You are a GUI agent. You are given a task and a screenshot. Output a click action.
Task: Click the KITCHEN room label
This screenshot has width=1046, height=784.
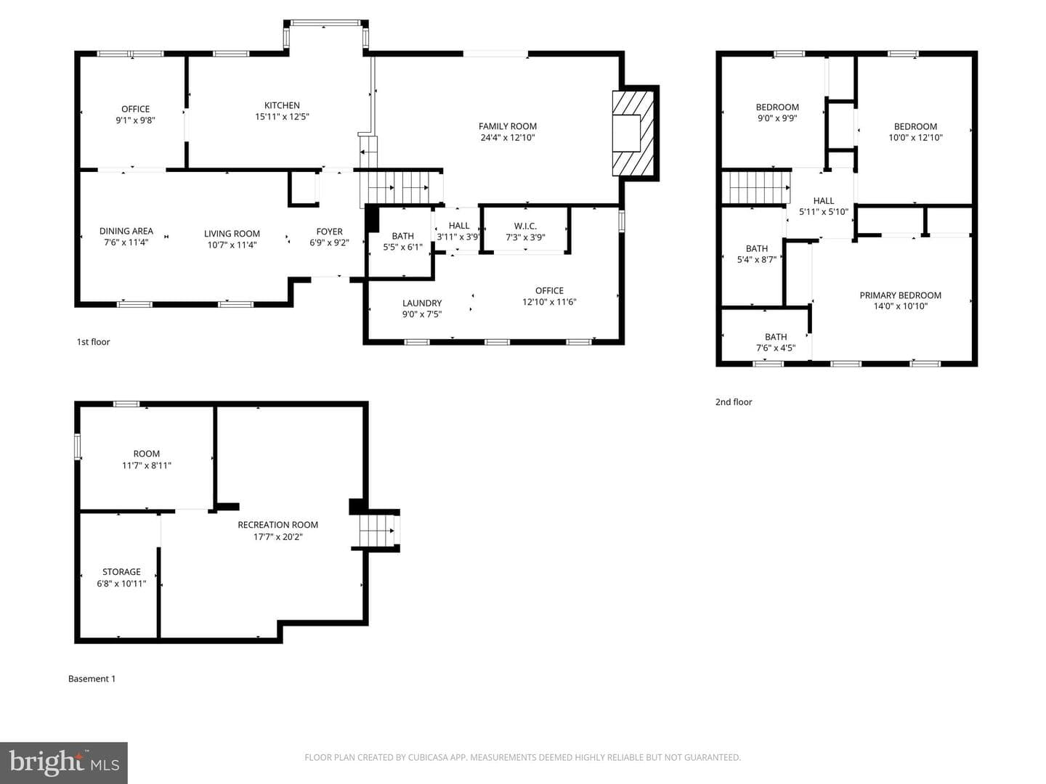click(282, 105)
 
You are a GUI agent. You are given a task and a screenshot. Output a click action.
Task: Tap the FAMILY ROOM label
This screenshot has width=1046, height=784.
click(508, 126)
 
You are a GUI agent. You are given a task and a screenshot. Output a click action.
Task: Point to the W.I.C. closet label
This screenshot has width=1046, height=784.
click(525, 226)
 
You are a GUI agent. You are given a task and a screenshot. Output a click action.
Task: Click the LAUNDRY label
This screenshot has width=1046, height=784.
click(422, 303)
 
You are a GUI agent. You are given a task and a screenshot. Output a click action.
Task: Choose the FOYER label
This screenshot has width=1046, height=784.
click(329, 232)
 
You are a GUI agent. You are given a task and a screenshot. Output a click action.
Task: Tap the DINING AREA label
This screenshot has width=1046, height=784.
click(126, 231)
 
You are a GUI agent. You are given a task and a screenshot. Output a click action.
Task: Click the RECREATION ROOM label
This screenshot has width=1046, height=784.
click(277, 525)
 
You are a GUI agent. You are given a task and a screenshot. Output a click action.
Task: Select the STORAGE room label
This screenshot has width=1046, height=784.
click(121, 572)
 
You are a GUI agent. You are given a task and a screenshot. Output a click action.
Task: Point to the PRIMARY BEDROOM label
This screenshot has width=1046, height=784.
click(900, 295)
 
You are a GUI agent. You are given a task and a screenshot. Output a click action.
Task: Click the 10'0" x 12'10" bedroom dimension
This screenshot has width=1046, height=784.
click(915, 138)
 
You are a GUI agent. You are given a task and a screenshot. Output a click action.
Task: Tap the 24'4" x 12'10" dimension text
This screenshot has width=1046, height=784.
click(508, 138)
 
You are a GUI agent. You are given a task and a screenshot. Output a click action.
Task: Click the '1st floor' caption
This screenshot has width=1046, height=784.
click(94, 342)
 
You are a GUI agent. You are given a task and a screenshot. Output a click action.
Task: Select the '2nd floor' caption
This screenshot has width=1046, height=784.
click(734, 401)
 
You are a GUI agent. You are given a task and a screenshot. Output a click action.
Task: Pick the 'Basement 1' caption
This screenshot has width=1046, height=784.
click(92, 679)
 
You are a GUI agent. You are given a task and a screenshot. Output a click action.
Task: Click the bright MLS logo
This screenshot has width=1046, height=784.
click(64, 762)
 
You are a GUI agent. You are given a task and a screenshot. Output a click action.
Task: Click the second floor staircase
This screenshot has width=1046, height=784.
click(755, 187)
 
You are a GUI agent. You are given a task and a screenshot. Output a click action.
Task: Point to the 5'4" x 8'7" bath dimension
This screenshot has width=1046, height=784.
click(757, 260)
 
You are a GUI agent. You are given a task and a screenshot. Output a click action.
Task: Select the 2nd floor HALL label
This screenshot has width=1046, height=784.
click(824, 201)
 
